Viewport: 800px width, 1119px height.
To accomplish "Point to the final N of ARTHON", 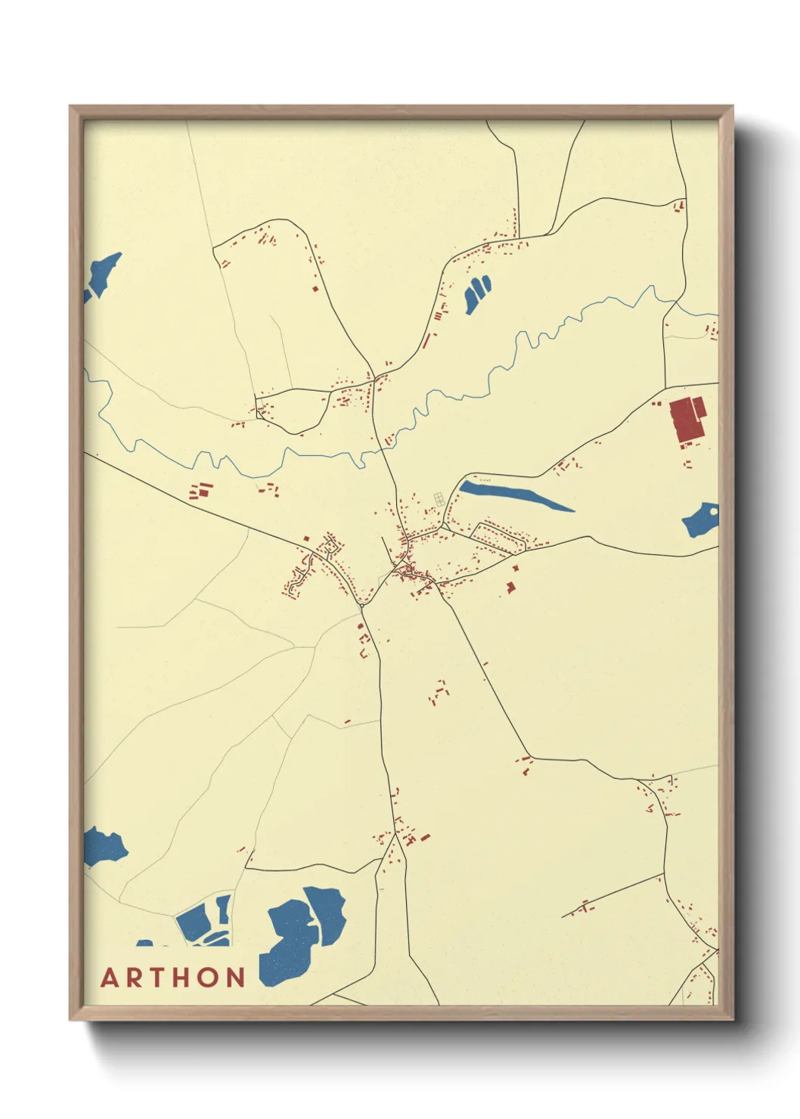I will (236, 978).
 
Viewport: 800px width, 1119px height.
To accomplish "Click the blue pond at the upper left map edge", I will (102, 275).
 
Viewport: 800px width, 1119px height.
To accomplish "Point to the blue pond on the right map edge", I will (702, 520).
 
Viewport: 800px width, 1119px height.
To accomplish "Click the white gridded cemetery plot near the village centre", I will (438, 498).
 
